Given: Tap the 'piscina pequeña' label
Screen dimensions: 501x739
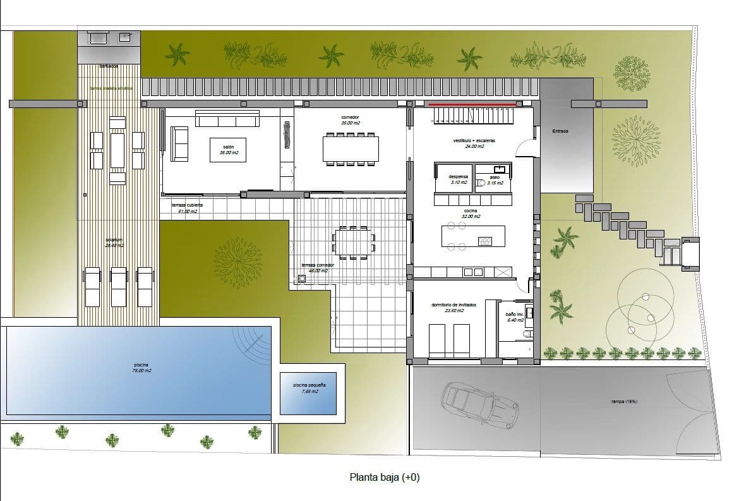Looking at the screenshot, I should coord(309,385).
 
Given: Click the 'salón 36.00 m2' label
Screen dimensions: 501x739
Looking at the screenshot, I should coord(229,149).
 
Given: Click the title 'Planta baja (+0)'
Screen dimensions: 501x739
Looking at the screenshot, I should coord(384,478).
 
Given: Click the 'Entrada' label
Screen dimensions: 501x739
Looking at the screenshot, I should coord(560,131).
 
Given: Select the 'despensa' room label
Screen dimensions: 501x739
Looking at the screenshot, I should coord(459,178).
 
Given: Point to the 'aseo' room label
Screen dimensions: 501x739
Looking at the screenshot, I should coord(495,178).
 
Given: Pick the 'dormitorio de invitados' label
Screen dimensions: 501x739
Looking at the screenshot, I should coord(454,305).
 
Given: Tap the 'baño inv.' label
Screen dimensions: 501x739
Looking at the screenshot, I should coord(514,314).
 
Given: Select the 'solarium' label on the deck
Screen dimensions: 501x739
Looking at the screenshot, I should coord(114,240).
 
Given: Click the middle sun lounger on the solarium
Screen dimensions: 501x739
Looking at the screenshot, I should coord(119,286).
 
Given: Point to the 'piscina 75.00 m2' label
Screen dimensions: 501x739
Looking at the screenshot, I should coord(142,367).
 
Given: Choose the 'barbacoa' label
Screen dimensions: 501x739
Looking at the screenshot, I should coord(108,66).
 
